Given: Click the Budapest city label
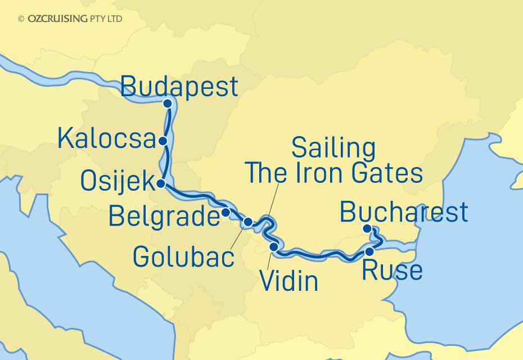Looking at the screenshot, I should coord(179,87).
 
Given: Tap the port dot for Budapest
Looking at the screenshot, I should coord(167,103).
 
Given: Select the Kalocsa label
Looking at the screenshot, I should coord(106,138).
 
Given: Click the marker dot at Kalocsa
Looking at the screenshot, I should coord(163,141).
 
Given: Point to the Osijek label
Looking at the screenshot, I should coord(117,181).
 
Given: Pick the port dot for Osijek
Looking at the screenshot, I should coord(161,183).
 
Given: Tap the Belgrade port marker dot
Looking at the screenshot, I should coord(226,213).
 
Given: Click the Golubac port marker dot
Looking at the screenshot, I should coord(248,222).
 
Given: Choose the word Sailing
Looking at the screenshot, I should coord(333,148).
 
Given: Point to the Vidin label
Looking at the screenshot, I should coord(290,281).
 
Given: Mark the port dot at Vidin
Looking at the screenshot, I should coord(274,246).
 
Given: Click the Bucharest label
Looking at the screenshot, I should coord(404,212).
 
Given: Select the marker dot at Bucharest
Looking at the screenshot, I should coord(367,228).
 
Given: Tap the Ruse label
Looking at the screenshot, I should coord(392,271).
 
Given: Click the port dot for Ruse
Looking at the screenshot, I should coord(369,251).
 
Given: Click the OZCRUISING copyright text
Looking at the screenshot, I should coord(70,19).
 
